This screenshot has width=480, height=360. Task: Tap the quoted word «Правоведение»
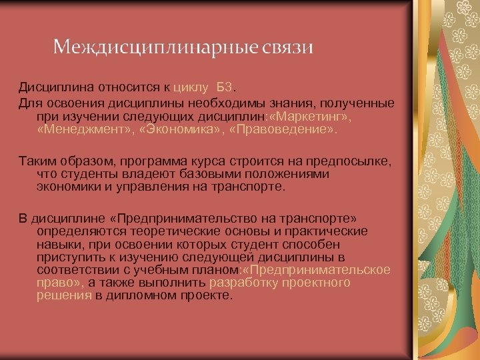(x=281, y=129)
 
